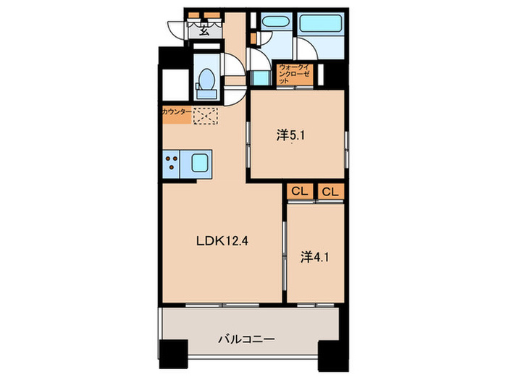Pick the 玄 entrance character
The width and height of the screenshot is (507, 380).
[204, 30]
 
